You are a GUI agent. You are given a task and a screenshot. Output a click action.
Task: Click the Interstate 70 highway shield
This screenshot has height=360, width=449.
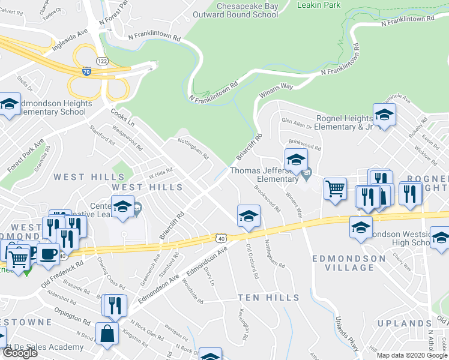click(x=88, y=71)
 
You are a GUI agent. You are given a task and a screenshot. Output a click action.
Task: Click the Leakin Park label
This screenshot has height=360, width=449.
click(x=319, y=5)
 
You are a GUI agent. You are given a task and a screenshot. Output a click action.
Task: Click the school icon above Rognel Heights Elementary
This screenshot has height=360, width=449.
click(x=384, y=114)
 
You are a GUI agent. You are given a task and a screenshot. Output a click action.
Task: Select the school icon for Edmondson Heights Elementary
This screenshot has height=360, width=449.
click(x=10, y=104)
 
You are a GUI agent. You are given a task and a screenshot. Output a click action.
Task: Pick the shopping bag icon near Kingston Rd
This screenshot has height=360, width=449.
click(x=107, y=335)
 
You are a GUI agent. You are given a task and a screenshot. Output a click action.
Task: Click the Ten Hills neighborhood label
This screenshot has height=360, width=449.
click(x=268, y=298)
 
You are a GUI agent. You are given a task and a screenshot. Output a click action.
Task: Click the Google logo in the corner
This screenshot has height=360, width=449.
click(x=19, y=353)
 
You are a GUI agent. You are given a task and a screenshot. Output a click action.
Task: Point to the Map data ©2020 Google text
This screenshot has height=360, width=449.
click(x=412, y=355)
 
